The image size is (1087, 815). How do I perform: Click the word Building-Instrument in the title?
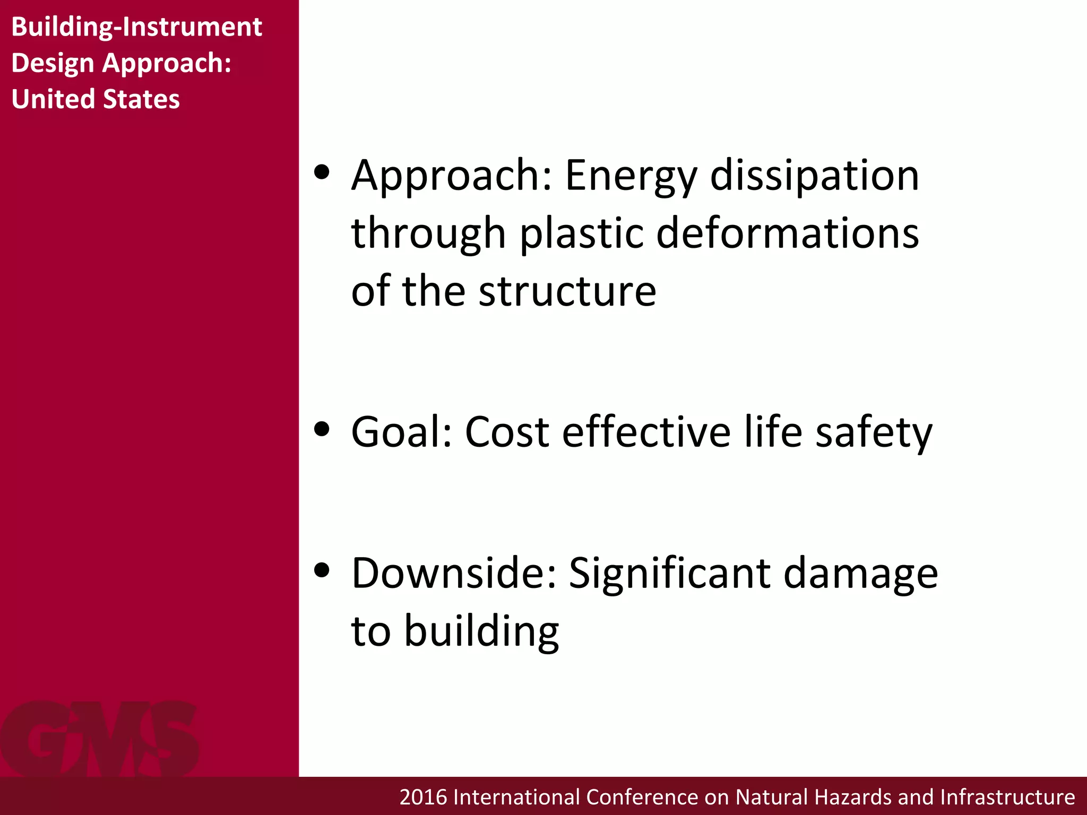(x=136, y=27)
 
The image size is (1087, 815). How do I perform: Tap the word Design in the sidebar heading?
(x=53, y=63)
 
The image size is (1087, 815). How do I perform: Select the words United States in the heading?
(x=96, y=99)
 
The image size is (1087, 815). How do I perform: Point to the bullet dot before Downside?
(x=322, y=570)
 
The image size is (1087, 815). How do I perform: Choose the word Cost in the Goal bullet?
(x=506, y=432)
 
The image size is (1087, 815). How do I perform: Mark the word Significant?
(x=669, y=574)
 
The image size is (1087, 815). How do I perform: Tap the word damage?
(x=860, y=574)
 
